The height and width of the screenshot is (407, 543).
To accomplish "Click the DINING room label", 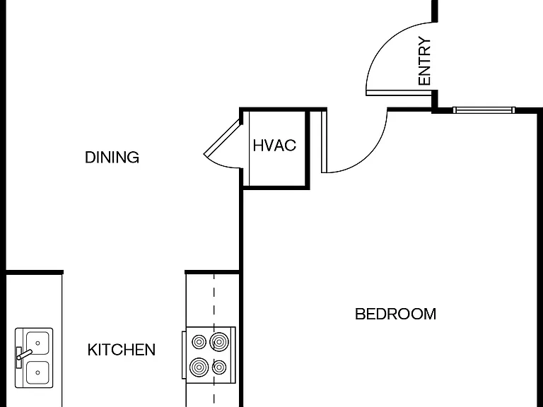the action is (x=112, y=158).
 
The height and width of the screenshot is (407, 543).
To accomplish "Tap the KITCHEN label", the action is (x=121, y=350).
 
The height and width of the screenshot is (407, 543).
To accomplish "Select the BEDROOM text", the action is (x=395, y=314).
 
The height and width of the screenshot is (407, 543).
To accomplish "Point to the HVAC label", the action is (x=274, y=146).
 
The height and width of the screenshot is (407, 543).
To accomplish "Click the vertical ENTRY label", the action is (x=424, y=61).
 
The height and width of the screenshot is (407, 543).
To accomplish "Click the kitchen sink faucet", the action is (x=23, y=355).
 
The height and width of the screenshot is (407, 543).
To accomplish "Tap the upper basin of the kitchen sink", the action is (x=37, y=343).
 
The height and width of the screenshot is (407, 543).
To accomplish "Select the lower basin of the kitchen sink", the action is (x=37, y=372).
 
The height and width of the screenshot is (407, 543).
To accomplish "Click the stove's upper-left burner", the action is (x=199, y=342).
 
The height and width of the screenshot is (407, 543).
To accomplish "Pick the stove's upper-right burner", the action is (x=219, y=342).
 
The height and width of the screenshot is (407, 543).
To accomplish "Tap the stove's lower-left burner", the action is (x=199, y=367).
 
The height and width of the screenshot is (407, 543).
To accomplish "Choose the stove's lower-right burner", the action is (x=219, y=367).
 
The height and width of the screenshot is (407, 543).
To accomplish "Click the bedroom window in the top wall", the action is (x=484, y=110).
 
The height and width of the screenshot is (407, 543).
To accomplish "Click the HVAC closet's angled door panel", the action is (x=222, y=138).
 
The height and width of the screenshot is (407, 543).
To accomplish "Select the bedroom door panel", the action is (x=324, y=141).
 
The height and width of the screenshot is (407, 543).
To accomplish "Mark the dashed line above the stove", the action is (x=214, y=300).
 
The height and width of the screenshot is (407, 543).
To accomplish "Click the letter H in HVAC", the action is (x=258, y=146).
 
